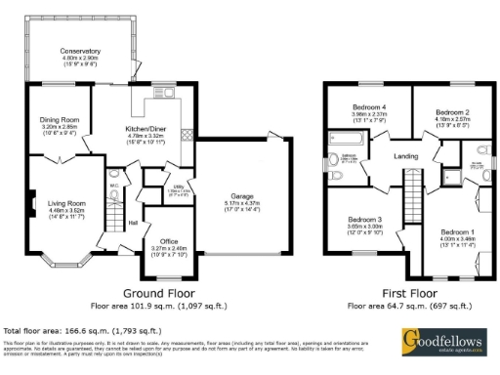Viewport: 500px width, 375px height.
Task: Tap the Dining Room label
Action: (x=61, y=119)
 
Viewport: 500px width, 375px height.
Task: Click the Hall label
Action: (x=132, y=223)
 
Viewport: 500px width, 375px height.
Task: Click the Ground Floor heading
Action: (x=156, y=293)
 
